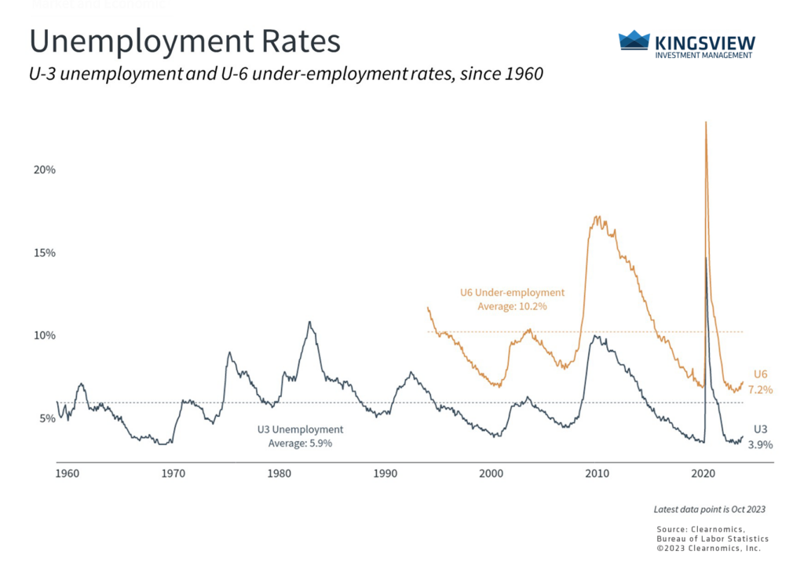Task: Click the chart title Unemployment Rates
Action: pos(185,41)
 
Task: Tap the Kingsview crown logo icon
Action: pos(634,40)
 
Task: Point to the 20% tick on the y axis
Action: pos(45,170)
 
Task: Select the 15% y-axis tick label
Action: pos(45,253)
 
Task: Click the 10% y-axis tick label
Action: pos(45,335)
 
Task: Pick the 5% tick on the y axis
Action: pos(48,418)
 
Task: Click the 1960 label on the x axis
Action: pos(67,474)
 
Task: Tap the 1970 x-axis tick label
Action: pos(173,474)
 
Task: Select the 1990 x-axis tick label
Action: pos(385,474)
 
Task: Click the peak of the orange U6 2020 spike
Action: pos(706,123)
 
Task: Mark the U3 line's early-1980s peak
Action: pos(309,322)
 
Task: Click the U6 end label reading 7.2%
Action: pos(762,389)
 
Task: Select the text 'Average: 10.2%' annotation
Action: pos(512,306)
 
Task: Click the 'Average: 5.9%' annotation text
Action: pos(300,443)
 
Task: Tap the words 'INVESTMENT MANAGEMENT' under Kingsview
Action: pos(703,55)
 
